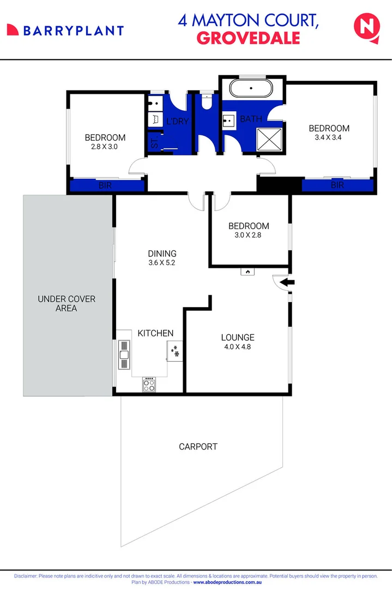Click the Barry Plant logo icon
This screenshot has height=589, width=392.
pyautogui.click(x=13, y=30)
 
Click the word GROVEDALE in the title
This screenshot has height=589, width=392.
pyautogui.click(x=248, y=38)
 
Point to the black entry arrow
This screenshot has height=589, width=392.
pyautogui.click(x=287, y=282)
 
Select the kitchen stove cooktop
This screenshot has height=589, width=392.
pyautogui.click(x=149, y=384)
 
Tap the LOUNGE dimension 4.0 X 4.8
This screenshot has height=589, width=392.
pyautogui.click(x=238, y=347)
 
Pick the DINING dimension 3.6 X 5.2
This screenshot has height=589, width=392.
pyautogui.click(x=162, y=263)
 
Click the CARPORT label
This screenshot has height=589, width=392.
pyautogui.click(x=198, y=447)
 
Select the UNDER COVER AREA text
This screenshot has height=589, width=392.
pyautogui.click(x=67, y=304)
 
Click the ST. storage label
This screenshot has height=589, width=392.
pyautogui.click(x=153, y=145)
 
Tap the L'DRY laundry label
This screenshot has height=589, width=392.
pyautogui.click(x=177, y=121)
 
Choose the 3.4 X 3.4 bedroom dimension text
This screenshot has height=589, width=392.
pyautogui.click(x=329, y=138)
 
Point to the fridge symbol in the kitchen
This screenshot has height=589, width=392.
pyautogui.click(x=175, y=352)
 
